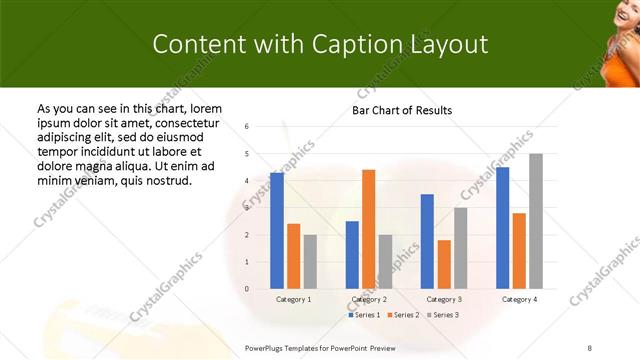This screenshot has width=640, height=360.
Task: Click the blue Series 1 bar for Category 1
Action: [x=277, y=231]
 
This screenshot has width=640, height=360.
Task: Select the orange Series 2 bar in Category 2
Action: [x=368, y=229]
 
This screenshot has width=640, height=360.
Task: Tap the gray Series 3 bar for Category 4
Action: [x=536, y=221]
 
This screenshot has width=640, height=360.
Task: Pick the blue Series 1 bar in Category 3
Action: [x=427, y=241]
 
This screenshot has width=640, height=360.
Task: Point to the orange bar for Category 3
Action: [x=444, y=264]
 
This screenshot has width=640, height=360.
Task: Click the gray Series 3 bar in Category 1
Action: [x=310, y=262]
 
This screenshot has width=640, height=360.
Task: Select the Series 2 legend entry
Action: [x=404, y=315]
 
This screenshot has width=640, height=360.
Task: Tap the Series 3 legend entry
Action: [x=442, y=315]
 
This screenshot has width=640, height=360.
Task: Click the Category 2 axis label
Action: [x=369, y=299]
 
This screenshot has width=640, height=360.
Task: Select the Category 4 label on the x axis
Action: [x=519, y=299]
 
